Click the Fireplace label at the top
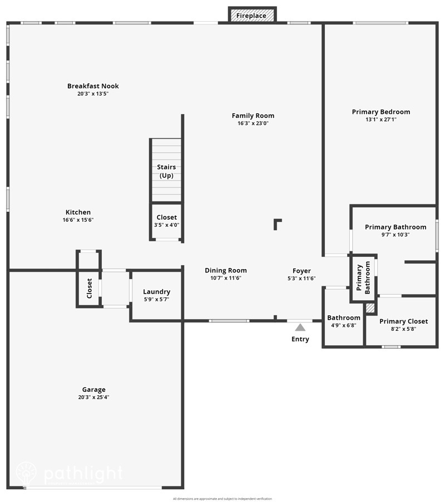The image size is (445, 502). click(x=251, y=16)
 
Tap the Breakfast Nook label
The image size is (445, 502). click(x=93, y=86)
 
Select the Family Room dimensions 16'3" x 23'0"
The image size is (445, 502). click(x=253, y=123)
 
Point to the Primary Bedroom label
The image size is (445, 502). click(x=381, y=112)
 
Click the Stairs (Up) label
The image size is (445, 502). click(x=166, y=171)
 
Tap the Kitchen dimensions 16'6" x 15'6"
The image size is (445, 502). click(x=78, y=220)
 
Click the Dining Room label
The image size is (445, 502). click(x=225, y=270)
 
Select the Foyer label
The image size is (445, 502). click(x=301, y=271)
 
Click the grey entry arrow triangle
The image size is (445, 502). click(x=300, y=327)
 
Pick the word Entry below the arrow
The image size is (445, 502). click(x=300, y=339)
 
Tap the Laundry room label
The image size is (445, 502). click(x=156, y=292)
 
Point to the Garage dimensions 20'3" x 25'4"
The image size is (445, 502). click(x=93, y=397)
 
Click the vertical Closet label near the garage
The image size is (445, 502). click(x=89, y=288)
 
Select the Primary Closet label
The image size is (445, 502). click(x=403, y=321)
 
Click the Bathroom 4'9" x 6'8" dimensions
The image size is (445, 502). click(x=343, y=325)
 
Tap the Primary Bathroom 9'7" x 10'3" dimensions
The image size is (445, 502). click(x=395, y=235)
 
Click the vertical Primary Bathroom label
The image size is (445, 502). click(x=363, y=279)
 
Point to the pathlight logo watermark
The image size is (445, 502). click(x=69, y=474)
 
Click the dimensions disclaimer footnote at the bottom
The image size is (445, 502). click(x=222, y=499)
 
